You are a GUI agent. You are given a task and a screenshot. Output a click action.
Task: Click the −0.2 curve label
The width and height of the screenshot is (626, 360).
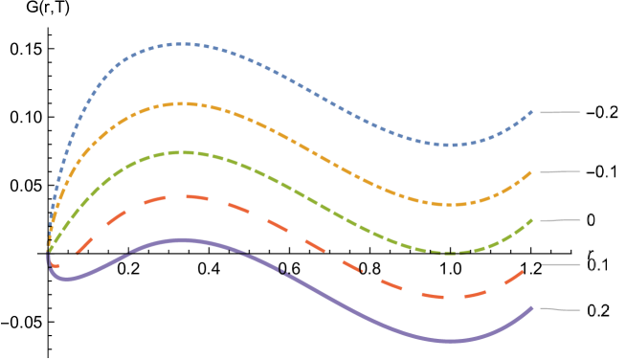pyautogui.click(x=602, y=112)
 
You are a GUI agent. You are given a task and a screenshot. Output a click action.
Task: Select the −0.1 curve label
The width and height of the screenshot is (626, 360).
pyautogui.click(x=602, y=171)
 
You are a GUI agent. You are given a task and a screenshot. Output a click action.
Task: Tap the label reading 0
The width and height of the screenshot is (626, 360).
pyautogui.click(x=592, y=220)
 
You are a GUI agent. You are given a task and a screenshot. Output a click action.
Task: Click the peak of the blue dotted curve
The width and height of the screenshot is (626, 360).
pyautogui.click(x=182, y=43)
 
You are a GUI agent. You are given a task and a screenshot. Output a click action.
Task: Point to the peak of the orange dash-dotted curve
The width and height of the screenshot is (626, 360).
pyautogui.click(x=181, y=102)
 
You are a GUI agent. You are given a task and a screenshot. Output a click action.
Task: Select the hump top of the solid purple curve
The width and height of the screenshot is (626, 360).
pyautogui.click(x=178, y=239)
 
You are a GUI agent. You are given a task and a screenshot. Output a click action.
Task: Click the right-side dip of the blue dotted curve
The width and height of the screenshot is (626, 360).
pyautogui.click(x=450, y=145)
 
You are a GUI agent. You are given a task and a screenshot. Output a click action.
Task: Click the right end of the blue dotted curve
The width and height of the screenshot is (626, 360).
pyautogui.click(x=532, y=111)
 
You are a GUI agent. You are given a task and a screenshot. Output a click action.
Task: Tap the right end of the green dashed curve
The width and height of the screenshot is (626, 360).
pyautogui.click(x=532, y=220)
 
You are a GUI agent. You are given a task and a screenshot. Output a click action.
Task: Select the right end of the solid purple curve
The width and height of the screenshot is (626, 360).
pyautogui.click(x=532, y=307)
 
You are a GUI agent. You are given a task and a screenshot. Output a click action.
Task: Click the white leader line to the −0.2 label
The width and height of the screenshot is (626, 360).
pyautogui.click(x=558, y=112)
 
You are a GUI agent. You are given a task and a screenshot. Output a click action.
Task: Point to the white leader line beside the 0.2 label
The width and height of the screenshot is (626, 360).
pyautogui.click(x=558, y=309)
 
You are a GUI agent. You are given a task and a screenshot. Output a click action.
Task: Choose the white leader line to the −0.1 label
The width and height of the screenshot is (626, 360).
pyautogui.click(x=558, y=171)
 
